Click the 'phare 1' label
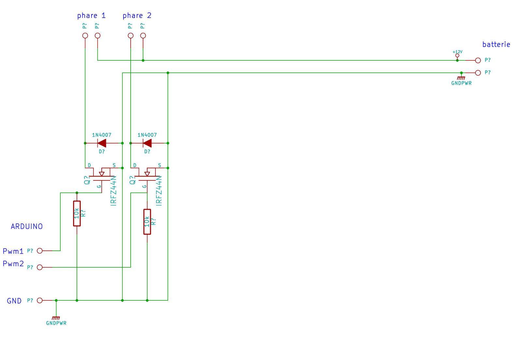[x=91, y=16]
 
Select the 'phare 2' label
[x=137, y=16]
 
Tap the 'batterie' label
[x=496, y=44]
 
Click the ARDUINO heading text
[x=27, y=226]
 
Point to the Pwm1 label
[x=13, y=251]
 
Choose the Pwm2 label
[x=13, y=263]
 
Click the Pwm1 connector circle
[x=40, y=251]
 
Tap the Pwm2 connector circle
[x=40, y=267]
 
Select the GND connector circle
[x=40, y=300]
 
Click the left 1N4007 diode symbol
[x=102, y=143]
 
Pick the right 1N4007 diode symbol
[x=147, y=143]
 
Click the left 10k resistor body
[x=77, y=213]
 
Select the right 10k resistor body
[x=147, y=222]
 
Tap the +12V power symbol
[x=457, y=55]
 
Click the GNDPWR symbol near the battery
[x=461, y=78]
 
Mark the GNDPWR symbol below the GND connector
[x=56, y=318]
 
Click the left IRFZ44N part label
[x=113, y=191]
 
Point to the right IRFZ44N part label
[x=159, y=191]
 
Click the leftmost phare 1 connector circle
[x=85, y=36]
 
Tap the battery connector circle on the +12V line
[x=478, y=60]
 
